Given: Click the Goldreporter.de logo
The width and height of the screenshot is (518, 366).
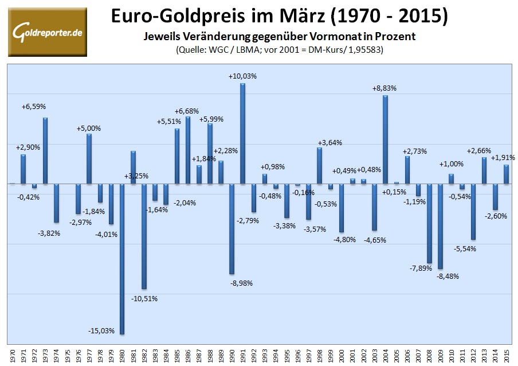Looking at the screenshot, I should point(47,32).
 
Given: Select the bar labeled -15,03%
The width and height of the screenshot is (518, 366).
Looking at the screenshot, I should point(122,258).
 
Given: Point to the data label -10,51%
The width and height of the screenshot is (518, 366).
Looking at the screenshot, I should point(144,298).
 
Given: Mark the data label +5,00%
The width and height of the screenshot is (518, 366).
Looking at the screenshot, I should point(89,129).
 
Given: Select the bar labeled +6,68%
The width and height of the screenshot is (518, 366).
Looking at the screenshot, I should point(187,150).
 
